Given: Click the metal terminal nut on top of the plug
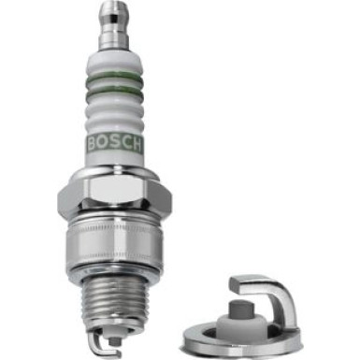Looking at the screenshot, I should (x=115, y=24).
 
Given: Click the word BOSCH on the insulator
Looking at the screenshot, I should (x=115, y=143).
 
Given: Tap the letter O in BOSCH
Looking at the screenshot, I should (x=105, y=143).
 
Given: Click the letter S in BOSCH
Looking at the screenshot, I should (x=115, y=143).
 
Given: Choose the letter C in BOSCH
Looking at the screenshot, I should (x=125, y=143).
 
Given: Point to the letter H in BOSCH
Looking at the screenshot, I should (x=137, y=143).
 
